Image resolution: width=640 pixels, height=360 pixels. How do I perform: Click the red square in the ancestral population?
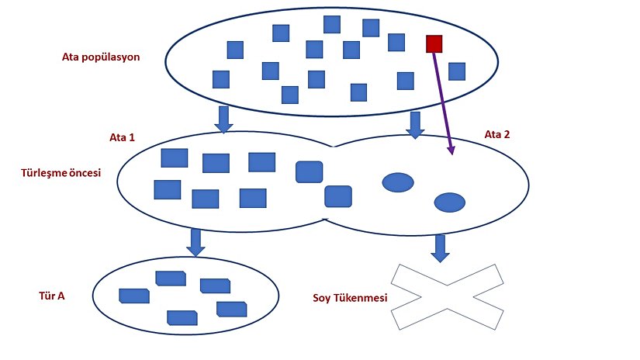point(434,43)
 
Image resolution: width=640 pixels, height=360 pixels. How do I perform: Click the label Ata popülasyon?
point(101,57)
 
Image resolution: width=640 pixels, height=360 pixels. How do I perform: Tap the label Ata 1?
point(123,137)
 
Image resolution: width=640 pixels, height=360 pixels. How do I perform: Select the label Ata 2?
point(497,134)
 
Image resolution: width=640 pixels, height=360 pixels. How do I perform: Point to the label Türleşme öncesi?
point(61,172)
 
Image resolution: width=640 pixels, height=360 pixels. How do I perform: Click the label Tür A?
point(51,295)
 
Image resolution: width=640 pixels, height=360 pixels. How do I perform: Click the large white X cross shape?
point(447,296)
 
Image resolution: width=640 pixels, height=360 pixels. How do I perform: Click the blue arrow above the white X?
point(440,247)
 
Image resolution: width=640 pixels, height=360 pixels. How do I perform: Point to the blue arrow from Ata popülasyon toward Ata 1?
point(223,119)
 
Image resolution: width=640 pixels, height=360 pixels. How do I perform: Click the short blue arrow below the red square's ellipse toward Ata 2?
point(415,124)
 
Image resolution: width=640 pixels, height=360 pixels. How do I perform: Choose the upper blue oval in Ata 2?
point(398,182)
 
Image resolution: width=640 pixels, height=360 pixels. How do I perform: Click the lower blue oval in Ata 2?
point(449,202)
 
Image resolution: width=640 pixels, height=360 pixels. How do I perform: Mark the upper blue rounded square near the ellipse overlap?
point(310,171)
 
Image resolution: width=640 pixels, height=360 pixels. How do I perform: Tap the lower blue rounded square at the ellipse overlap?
point(338,196)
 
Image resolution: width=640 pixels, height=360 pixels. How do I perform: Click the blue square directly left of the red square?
point(396,42)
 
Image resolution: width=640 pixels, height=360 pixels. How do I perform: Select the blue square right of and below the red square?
point(456,71)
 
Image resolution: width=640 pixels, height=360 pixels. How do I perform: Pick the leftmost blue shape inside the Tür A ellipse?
point(133,296)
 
